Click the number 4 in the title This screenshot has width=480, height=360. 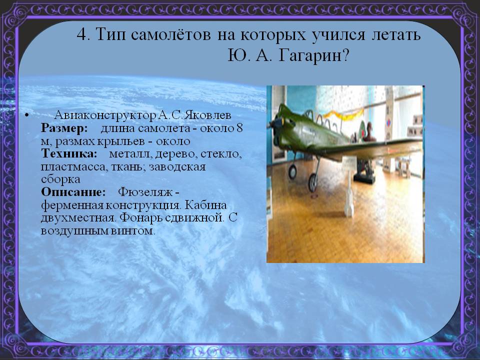pos(82,34)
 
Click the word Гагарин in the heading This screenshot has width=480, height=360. pos(313,55)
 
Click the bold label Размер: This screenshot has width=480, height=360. pos(64,128)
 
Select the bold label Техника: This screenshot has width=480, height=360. pos(69,153)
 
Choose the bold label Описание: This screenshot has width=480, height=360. pos(73,192)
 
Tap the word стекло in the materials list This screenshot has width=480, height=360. pos(221,153)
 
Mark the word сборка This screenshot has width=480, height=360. pos(60,179)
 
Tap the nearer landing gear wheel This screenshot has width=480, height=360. pos(313,182)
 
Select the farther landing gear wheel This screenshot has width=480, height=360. pos(292,172)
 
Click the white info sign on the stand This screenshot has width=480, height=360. pos(349,163)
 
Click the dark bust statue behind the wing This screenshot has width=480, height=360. pos(368,131)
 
